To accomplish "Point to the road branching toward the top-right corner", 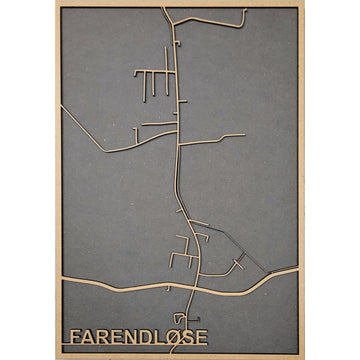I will click(225, 20).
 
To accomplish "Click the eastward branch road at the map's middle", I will click(215, 139).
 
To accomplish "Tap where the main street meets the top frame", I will click(163, 9).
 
